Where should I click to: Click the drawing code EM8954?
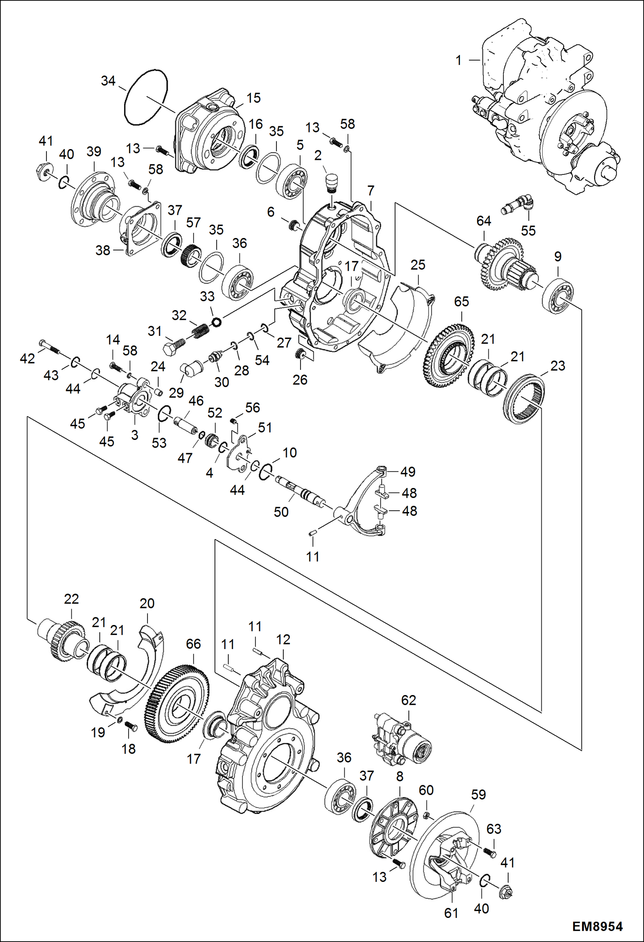[x=597, y=927]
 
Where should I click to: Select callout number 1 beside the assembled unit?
[x=459, y=60]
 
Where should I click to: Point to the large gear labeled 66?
[x=177, y=704]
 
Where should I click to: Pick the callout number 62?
[x=408, y=700]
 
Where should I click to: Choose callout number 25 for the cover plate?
[x=417, y=265]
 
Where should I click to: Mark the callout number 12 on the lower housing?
[x=283, y=640]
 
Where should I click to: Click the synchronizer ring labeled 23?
[x=524, y=398]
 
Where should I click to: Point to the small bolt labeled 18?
[x=130, y=726]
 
